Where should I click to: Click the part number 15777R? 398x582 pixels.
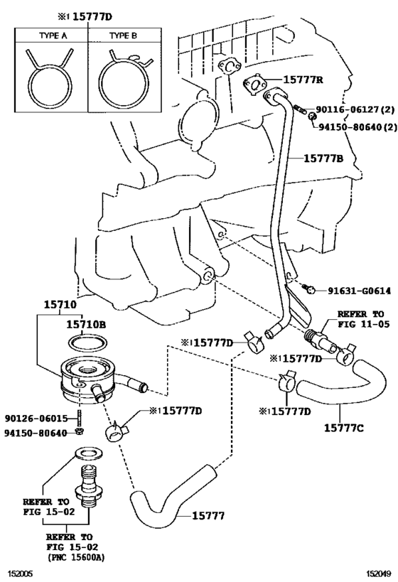(303, 80)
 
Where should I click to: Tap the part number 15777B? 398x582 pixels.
(324, 158)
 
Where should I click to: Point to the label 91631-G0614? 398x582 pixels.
(359, 291)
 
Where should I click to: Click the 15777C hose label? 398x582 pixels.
(344, 428)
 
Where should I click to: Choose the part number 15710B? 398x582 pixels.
(86, 325)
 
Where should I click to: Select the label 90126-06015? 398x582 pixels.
(36, 419)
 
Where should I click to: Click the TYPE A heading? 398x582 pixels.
(53, 36)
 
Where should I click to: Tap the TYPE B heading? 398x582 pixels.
(123, 36)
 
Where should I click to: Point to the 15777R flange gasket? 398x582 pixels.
(254, 85)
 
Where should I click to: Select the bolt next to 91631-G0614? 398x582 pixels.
(309, 289)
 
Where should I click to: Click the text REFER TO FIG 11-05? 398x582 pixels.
(363, 319)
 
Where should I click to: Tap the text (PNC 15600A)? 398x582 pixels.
(76, 557)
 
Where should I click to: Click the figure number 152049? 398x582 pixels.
(379, 574)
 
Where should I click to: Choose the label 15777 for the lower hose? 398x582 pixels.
(208, 516)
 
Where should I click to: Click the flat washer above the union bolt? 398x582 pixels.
(89, 453)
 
